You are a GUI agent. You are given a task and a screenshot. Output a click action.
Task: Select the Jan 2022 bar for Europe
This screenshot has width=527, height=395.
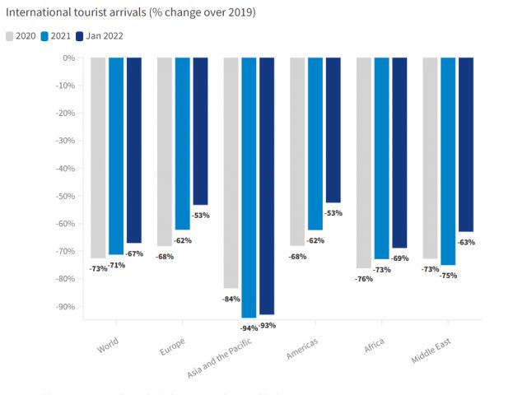click(200, 131)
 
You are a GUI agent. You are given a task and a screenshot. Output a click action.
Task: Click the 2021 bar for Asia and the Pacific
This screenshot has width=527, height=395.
click(249, 188)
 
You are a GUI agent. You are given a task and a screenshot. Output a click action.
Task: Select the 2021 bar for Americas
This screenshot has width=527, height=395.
click(315, 144)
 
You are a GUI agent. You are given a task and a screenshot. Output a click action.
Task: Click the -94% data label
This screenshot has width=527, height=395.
click(248, 328)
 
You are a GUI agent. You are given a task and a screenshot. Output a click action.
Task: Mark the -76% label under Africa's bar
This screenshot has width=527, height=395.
click(362, 279)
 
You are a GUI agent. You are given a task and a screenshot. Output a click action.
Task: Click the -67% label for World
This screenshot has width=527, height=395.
click(133, 253)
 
